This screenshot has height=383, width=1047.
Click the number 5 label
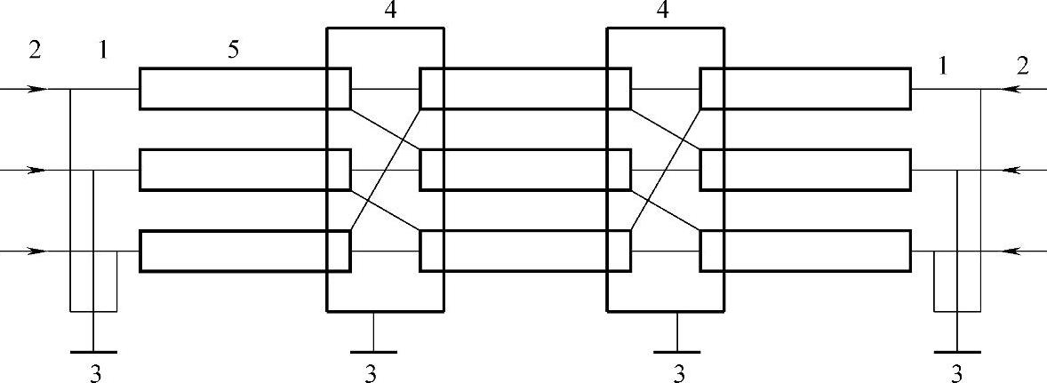pos(233,50)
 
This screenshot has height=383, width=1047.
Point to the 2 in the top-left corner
pos(35,50)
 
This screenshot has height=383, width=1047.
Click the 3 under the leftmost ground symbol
pos(95,372)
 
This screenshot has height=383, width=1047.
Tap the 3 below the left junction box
pos(372,372)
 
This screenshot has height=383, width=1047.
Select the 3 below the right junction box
pos(678,372)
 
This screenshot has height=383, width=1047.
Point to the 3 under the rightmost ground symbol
pos(956,372)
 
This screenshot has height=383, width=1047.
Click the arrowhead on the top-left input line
pos(36,89)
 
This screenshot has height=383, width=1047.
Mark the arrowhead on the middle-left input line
pos(36,170)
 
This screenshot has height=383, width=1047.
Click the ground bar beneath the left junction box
pos(373,352)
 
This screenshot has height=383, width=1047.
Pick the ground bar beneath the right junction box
pos(678,352)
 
